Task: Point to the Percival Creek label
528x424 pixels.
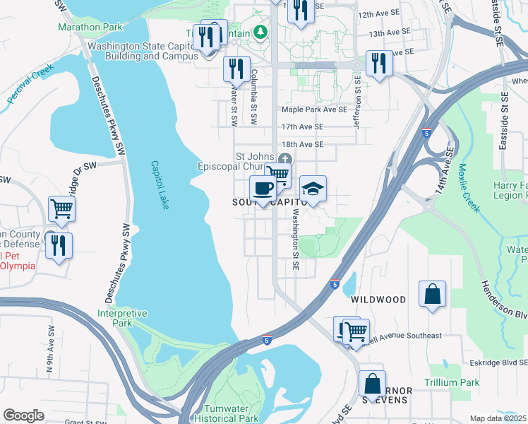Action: point(31,87)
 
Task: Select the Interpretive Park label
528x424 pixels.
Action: point(122,318)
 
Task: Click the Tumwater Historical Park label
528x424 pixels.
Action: point(231,413)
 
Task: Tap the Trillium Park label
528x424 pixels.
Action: point(452,382)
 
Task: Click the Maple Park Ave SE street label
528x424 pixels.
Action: point(314,110)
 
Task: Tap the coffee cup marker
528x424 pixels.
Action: point(263,189)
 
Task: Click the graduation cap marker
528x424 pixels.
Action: point(313,189)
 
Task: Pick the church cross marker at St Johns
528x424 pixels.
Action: point(284,158)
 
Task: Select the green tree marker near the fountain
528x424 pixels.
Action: point(260,32)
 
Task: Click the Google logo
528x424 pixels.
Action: point(23,415)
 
